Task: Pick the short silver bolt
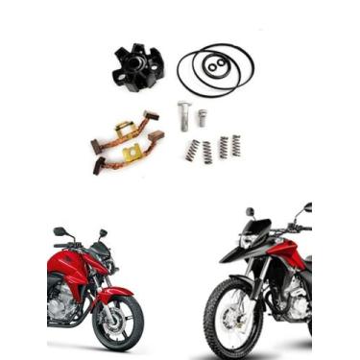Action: pyautogui.click(x=203, y=117)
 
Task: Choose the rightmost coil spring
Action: pyautogui.click(x=235, y=145)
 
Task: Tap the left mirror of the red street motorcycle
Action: pyautogui.click(x=60, y=231)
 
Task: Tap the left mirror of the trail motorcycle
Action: pyautogui.click(x=250, y=211)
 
